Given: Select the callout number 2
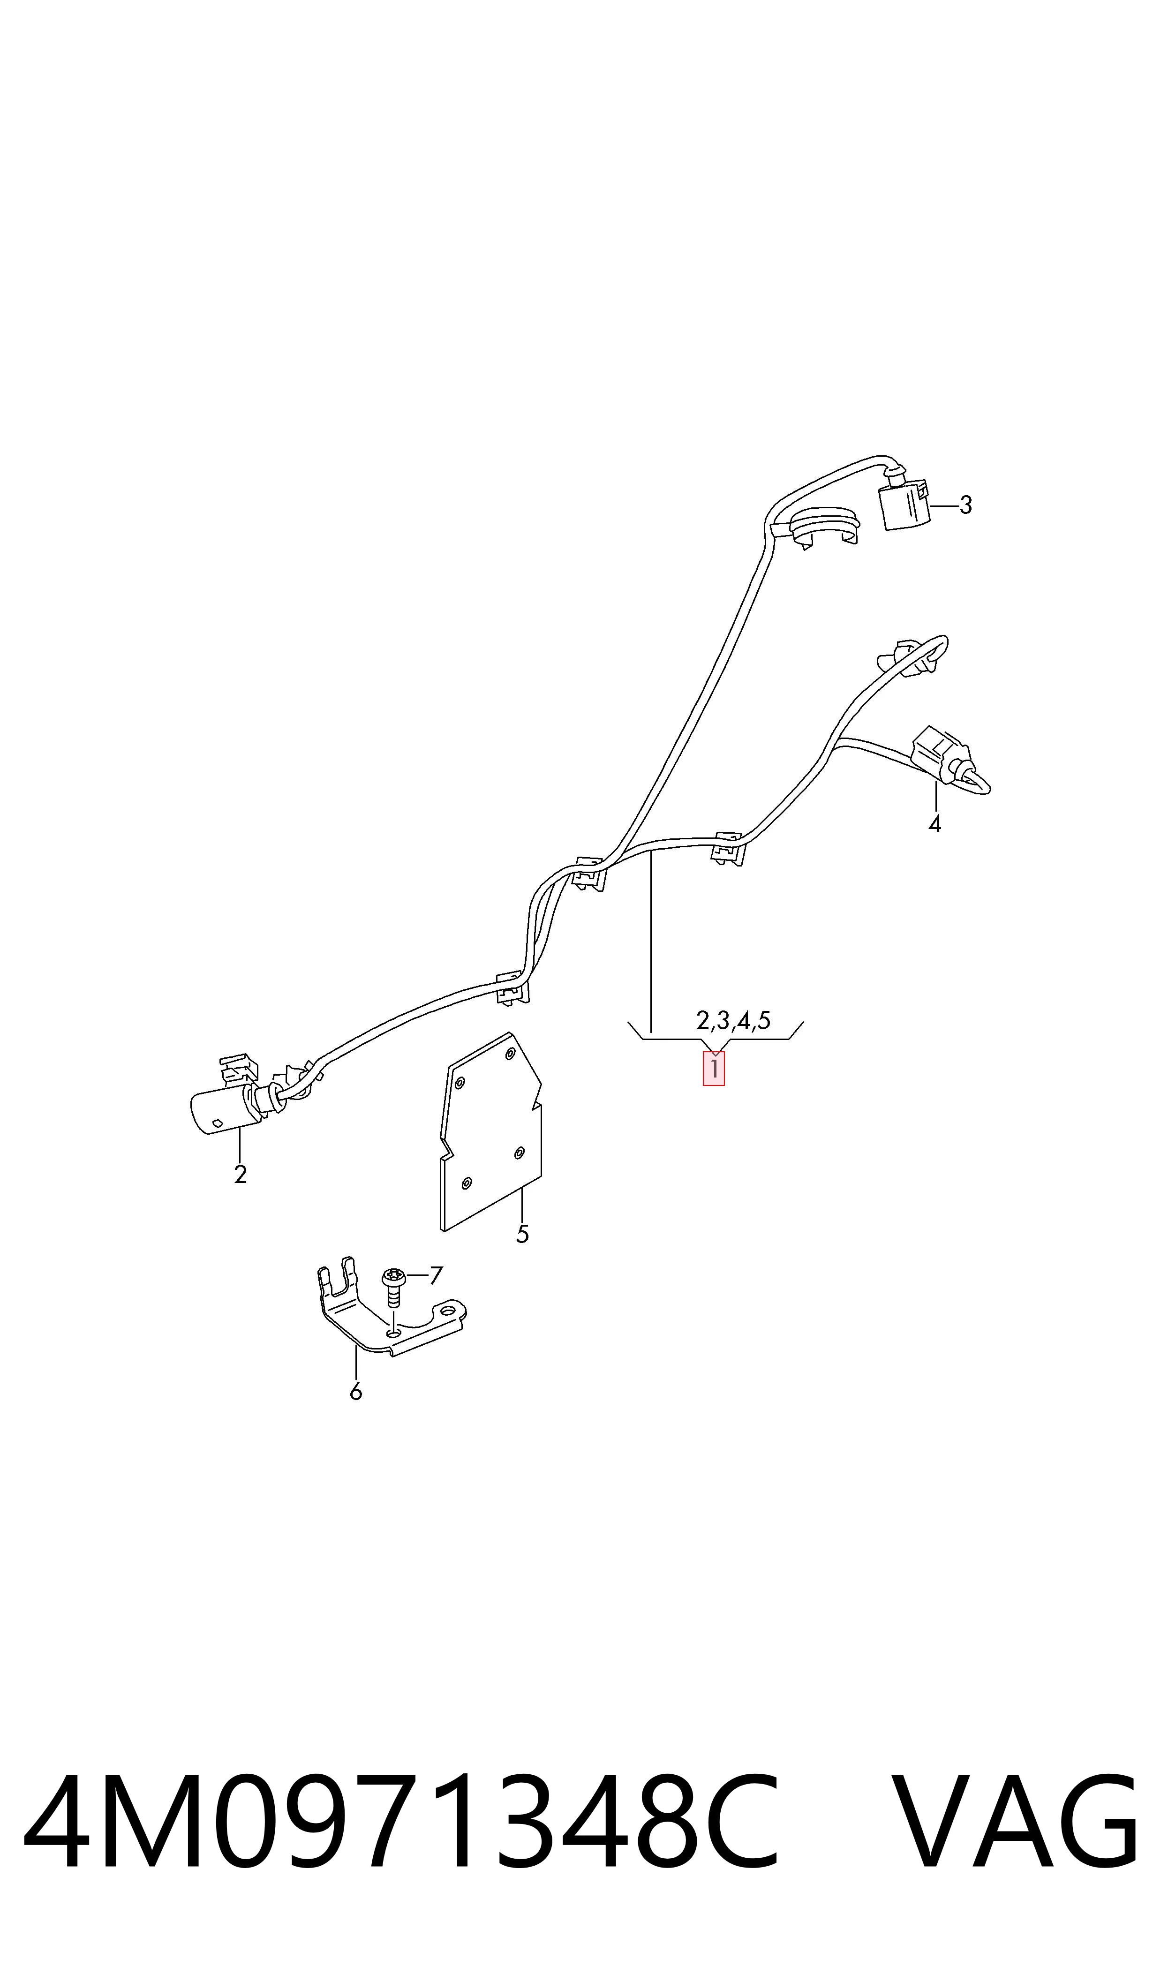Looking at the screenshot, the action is click(x=241, y=1174).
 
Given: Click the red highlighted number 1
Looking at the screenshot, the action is click(x=714, y=1069).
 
